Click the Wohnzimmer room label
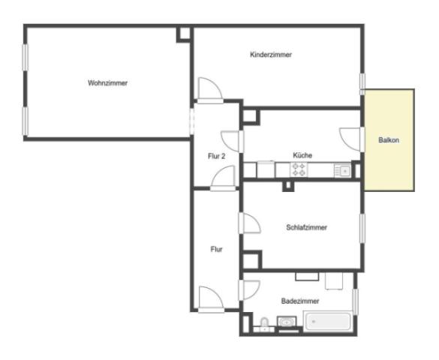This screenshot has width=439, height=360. pos(107,83)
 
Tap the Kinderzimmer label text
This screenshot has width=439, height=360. pos(271,55)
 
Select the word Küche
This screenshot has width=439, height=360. pos(302,155)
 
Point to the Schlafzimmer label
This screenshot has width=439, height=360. pos(307,227)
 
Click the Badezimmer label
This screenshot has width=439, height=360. pos(300,301)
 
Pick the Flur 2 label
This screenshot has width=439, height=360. pos(216,156)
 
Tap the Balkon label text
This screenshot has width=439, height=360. pos(389,139)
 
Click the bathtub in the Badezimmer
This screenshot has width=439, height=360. pos(328,322)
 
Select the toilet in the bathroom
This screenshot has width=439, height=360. pos(264,325)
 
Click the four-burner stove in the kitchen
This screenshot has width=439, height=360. pos(299,169)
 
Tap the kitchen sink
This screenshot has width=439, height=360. pos(342,170)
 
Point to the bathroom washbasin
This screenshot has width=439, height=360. pos(287,322)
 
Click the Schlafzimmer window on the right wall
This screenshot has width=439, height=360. pos(362,228)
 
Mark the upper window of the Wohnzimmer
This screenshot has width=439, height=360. pos(26,57)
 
